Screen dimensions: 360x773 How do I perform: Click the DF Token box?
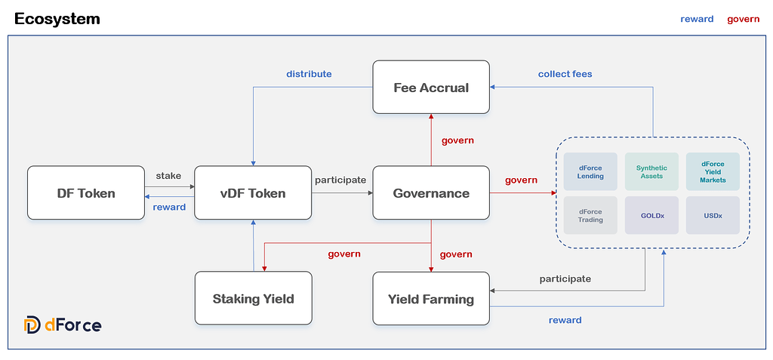tap(85, 193)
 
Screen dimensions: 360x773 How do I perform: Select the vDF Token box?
tap(253, 193)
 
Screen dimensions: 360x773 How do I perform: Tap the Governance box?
tap(431, 193)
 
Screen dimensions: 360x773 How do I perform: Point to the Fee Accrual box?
tap(431, 88)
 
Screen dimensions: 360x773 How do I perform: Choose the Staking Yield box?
tap(253, 298)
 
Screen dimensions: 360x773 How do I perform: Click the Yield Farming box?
tap(431, 299)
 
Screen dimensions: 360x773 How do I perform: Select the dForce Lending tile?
tap(590, 171)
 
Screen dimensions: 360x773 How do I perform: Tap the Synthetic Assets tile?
tap(651, 171)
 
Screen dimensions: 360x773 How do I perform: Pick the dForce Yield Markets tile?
tap(713, 171)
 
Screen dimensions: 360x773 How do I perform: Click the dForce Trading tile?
tap(590, 215)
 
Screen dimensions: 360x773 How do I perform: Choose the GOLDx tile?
tap(651, 215)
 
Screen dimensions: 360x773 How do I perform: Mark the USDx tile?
tap(713, 215)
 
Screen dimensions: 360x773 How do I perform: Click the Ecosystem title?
tap(57, 19)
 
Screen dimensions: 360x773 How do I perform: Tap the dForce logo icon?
tap(32, 325)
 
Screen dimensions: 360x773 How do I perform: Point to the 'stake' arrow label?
tap(168, 176)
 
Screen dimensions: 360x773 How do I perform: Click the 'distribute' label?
tap(309, 74)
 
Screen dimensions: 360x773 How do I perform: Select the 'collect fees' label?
tap(565, 74)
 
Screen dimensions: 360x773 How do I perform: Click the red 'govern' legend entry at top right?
tap(743, 19)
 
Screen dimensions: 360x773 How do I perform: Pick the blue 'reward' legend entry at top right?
tap(697, 19)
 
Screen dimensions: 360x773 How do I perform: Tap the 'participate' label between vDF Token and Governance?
tap(340, 180)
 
